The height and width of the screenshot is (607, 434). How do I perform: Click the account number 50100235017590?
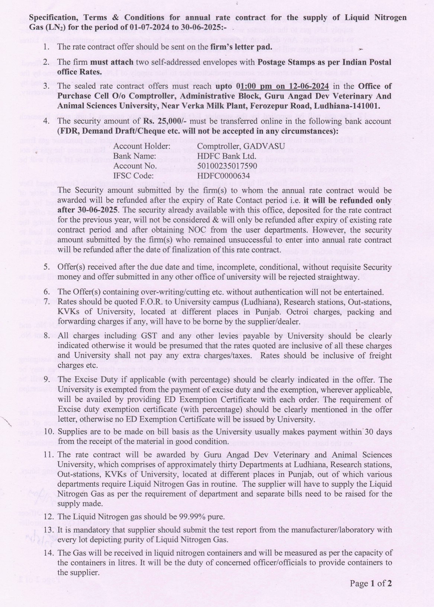pyautogui.click(x=227, y=166)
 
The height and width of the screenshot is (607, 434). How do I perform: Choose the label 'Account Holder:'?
pyautogui.click(x=138, y=146)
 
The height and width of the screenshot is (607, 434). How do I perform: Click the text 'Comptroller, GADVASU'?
pyautogui.click(x=241, y=146)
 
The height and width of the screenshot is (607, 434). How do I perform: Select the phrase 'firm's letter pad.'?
pyautogui.click(x=241, y=47)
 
